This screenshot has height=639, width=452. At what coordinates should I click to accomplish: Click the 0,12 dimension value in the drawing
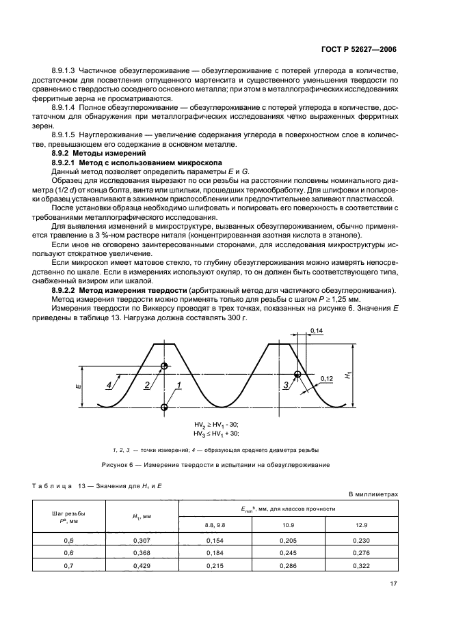(x=327, y=378)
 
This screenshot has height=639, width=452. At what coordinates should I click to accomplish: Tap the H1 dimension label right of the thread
(x=348, y=375)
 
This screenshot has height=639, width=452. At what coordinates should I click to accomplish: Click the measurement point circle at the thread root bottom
(x=164, y=408)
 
